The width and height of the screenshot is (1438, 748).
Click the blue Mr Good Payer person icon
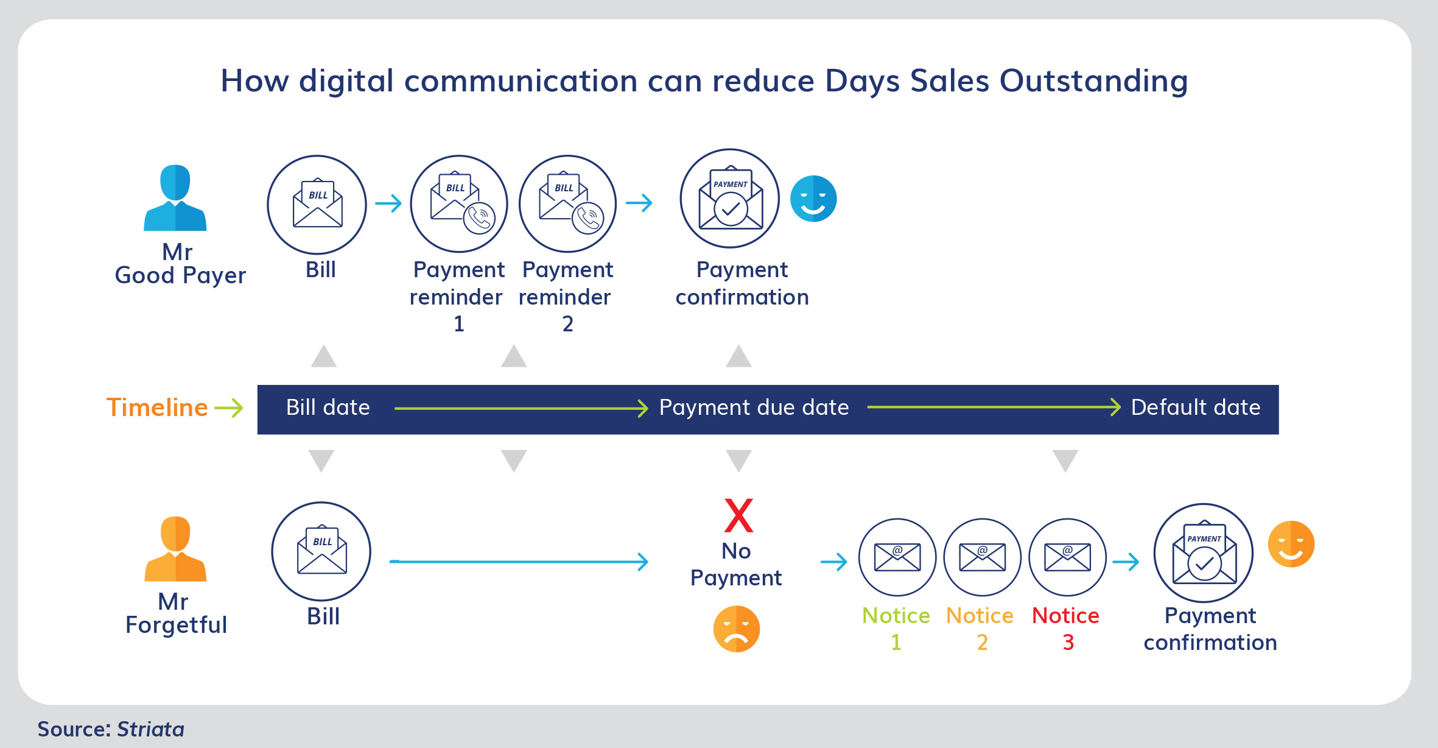coord(175,197)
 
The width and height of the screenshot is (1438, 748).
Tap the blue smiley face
coord(813,199)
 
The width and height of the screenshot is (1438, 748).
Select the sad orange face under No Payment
coord(737,629)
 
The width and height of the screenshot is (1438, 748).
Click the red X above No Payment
coord(738,515)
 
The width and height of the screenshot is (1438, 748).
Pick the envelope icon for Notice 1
coord(897,557)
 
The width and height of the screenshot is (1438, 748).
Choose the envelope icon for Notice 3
coord(1067,557)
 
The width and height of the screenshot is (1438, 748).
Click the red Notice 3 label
coord(1066,629)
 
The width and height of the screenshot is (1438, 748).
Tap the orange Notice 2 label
coord(980,629)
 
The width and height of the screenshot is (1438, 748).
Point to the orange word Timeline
coord(157,408)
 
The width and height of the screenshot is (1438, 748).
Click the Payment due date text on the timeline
coord(754,408)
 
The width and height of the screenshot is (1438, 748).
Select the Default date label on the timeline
coord(1196,408)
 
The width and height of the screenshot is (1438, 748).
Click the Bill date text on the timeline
coord(328,408)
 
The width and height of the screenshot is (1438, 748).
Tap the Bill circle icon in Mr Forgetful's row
coord(321,551)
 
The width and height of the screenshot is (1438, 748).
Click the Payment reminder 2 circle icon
coord(567,204)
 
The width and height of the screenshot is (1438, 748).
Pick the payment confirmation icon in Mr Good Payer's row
coord(730,199)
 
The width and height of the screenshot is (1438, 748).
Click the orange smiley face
coord(1291,544)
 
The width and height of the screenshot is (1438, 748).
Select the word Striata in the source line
coord(150,729)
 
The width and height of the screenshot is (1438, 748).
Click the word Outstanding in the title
coord(1094,81)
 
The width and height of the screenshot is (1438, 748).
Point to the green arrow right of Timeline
coord(229,408)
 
